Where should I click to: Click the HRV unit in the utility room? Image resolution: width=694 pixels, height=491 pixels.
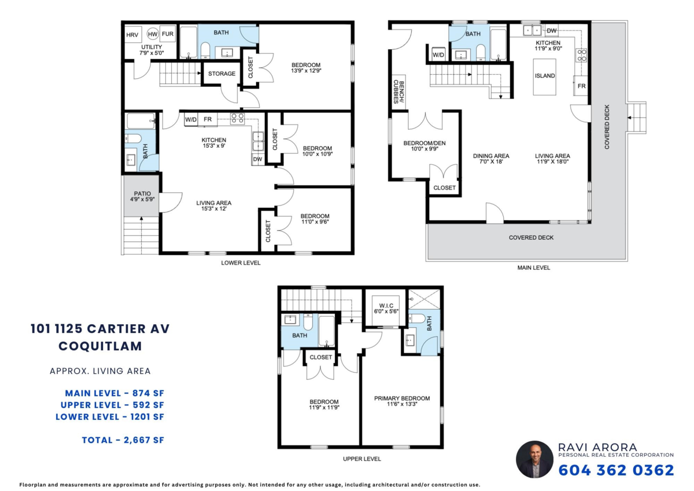(133, 34)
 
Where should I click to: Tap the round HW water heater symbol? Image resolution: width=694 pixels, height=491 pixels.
(153, 34)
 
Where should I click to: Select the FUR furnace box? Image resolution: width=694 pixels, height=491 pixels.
(168, 34)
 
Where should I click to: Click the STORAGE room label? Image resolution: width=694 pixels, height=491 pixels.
(222, 74)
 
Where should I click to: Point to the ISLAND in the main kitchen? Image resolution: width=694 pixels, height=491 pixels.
(544, 76)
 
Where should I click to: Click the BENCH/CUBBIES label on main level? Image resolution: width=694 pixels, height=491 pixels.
(398, 92)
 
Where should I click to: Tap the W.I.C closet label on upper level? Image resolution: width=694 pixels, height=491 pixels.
(386, 308)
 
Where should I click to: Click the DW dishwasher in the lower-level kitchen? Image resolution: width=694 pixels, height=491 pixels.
(258, 159)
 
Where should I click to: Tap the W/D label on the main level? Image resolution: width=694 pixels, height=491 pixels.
(438, 55)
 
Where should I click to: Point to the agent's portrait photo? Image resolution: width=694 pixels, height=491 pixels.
(534, 459)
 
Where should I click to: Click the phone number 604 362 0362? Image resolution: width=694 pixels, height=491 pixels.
(617, 470)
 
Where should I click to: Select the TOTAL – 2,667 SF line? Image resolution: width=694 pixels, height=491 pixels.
(123, 440)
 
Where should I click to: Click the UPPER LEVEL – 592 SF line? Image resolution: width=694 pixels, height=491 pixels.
(112, 405)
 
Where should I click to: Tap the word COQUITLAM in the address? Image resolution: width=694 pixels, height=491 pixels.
(100, 346)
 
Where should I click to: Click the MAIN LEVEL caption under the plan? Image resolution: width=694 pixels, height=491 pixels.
(533, 268)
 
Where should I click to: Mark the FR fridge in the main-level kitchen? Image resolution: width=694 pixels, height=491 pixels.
(581, 86)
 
